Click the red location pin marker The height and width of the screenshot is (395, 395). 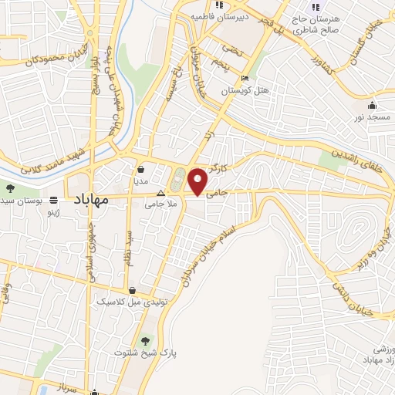(198, 181)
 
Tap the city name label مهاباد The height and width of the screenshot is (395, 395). (91, 200)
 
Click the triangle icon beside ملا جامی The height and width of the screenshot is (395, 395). (160, 193)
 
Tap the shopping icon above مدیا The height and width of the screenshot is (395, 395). (141, 169)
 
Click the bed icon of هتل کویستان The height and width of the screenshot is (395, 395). (245, 79)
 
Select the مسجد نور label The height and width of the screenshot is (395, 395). (369, 116)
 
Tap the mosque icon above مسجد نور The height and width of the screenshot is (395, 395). (373, 105)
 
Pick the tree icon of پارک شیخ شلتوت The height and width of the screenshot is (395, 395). (145, 340)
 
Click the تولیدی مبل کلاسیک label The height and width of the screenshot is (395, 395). (123, 302)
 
